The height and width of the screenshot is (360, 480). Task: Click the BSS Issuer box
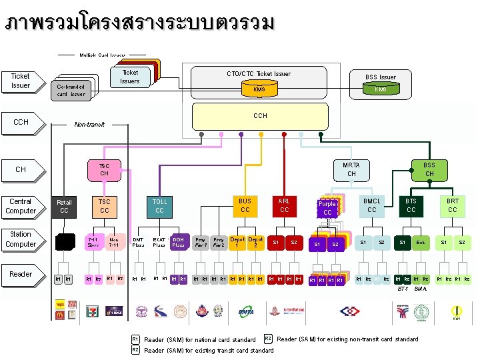click(381, 83)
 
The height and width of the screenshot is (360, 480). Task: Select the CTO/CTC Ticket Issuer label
click(259, 73)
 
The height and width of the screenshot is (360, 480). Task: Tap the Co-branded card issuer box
click(71, 90)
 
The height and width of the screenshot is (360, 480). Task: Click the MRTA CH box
click(351, 169)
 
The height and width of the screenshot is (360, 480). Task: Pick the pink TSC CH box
click(105, 169)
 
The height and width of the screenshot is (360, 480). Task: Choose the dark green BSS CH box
click(429, 169)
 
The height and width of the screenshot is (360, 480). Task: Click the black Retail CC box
click(64, 207)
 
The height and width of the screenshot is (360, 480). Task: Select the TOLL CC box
click(160, 206)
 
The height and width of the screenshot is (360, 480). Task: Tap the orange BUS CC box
click(245, 205)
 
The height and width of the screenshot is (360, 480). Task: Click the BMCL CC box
click(371, 205)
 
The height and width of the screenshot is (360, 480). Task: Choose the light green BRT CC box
click(453, 205)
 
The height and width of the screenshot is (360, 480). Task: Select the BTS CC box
click(411, 205)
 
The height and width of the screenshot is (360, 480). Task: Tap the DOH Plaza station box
click(179, 242)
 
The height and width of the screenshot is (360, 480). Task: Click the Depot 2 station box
click(255, 242)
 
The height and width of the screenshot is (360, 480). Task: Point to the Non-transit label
click(89, 124)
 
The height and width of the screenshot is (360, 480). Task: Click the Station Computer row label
click(21, 239)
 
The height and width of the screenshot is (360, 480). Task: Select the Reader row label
click(21, 274)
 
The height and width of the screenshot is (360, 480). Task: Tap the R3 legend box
click(269, 339)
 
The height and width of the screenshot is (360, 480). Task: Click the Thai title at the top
click(139, 23)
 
